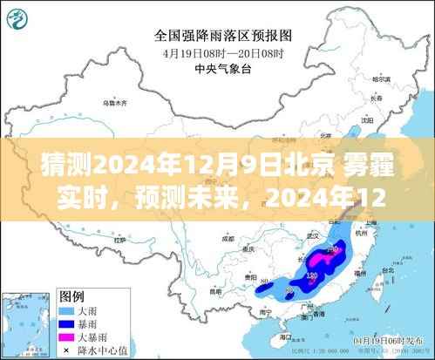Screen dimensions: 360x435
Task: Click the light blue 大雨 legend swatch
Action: pos(65,309)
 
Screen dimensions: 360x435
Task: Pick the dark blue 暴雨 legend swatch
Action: pos(65,323)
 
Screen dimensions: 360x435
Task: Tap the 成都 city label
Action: pos(228,236)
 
